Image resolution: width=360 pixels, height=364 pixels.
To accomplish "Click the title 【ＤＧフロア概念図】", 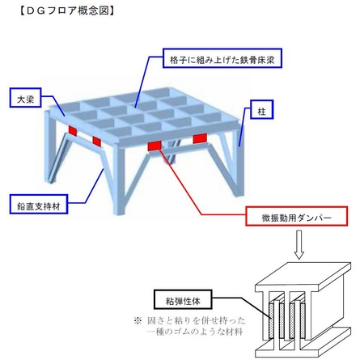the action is (67, 11).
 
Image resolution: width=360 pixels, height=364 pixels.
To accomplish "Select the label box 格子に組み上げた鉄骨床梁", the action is (222, 58).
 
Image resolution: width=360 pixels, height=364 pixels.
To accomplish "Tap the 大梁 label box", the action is (25, 98).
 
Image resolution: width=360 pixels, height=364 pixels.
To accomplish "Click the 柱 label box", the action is (262, 109).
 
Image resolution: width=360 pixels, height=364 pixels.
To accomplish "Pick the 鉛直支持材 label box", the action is (38, 204).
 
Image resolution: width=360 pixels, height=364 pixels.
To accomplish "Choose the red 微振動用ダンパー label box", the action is (296, 216).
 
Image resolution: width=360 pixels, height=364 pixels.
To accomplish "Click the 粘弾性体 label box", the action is (183, 299).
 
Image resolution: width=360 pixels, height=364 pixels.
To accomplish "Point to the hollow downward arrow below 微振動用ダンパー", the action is (299, 244).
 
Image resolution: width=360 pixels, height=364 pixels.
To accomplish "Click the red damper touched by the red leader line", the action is (155, 146).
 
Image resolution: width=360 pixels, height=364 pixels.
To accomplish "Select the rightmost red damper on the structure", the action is (200, 138).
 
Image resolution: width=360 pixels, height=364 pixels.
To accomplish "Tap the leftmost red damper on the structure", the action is (73, 130).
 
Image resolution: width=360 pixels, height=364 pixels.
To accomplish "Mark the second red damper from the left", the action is (97, 142).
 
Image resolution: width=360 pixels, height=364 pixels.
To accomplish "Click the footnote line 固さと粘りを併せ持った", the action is (197, 320).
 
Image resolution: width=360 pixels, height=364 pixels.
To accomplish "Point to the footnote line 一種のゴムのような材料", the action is (195, 332).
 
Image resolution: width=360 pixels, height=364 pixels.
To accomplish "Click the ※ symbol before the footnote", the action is (138, 320).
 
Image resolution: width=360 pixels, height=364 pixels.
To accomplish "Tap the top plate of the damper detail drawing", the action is (303, 277).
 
